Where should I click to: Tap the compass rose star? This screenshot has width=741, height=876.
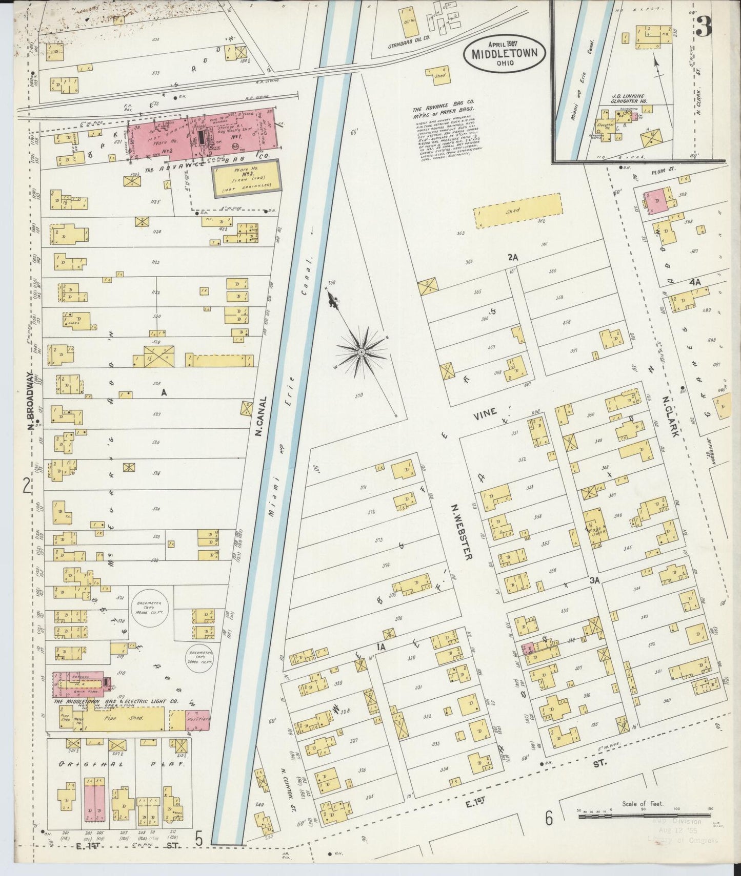[361, 352]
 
